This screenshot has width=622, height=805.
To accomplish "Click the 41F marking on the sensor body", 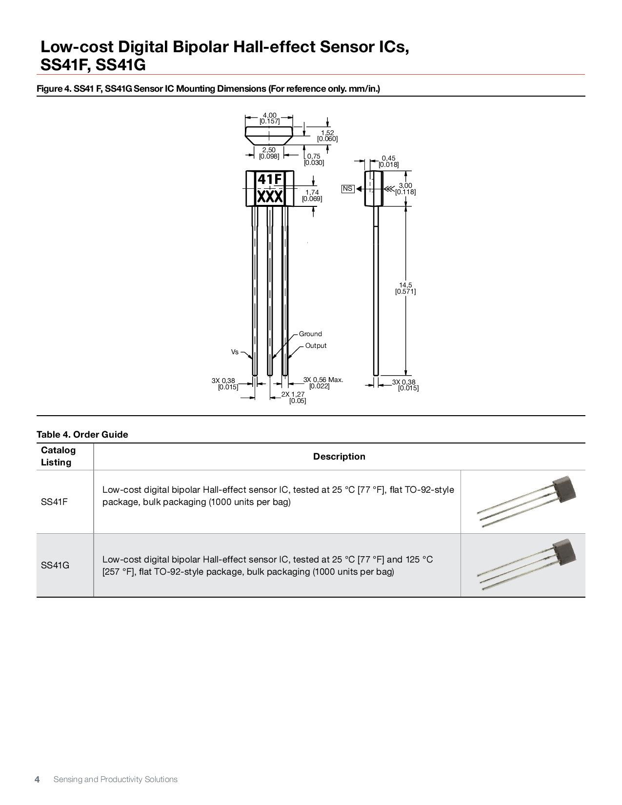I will pyautogui.click(x=269, y=180).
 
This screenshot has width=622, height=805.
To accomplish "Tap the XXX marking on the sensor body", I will pyautogui.click(x=269, y=197).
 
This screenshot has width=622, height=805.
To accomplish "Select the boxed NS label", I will pyautogui.click(x=348, y=189).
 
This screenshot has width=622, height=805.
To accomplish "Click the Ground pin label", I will pyautogui.click(x=310, y=334).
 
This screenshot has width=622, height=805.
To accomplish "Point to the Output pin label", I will pyautogui.click(x=316, y=346).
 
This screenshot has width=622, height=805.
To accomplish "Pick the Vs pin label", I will pyautogui.click(x=235, y=352).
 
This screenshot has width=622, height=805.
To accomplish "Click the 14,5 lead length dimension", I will pyautogui.click(x=405, y=288).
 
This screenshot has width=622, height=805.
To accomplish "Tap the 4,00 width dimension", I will pyautogui.click(x=269, y=118).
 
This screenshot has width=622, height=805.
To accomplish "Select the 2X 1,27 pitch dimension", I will pyautogui.click(x=293, y=397).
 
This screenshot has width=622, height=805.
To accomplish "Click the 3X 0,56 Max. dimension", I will pyautogui.click(x=323, y=382).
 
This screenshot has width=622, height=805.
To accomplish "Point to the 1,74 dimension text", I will pyautogui.click(x=312, y=196).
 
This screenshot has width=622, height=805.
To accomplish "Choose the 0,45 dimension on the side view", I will pyautogui.click(x=389, y=161).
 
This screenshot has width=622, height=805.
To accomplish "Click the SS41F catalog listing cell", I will pyautogui.click(x=54, y=502).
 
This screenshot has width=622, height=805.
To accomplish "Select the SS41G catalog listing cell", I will pyautogui.click(x=55, y=565).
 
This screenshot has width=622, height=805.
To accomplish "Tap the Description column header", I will pyautogui.click(x=339, y=457).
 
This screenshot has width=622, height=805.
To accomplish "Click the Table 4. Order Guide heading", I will pyautogui.click(x=82, y=435).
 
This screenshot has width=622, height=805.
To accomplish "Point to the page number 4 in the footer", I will pyautogui.click(x=37, y=779).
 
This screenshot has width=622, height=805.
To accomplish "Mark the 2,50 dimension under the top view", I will pyautogui.click(x=269, y=153).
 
